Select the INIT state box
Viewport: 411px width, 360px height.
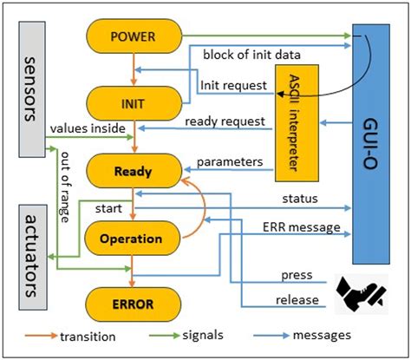pos(134,104)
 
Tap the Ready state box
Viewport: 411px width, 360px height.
pos(134,172)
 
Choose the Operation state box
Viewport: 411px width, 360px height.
pos(134,238)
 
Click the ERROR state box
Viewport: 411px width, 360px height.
pos(134,304)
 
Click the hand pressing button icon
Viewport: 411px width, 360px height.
pos(357,291)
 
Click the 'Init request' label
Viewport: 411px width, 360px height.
pos(232,87)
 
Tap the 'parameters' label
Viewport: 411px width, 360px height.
pos(230,161)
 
